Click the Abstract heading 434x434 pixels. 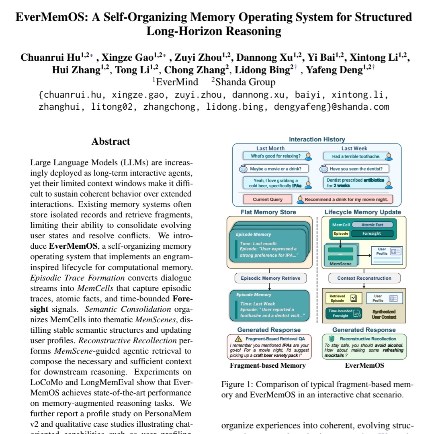tap(111, 141)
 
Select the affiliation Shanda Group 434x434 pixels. tap(243, 82)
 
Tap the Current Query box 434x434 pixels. tap(268, 199)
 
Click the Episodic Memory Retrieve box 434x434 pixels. tap(268, 278)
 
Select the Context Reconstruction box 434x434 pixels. tap(364, 278)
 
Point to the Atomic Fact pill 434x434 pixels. tap(374, 225)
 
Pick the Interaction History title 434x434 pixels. tap(317, 139)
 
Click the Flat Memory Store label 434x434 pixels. tap(268, 212)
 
